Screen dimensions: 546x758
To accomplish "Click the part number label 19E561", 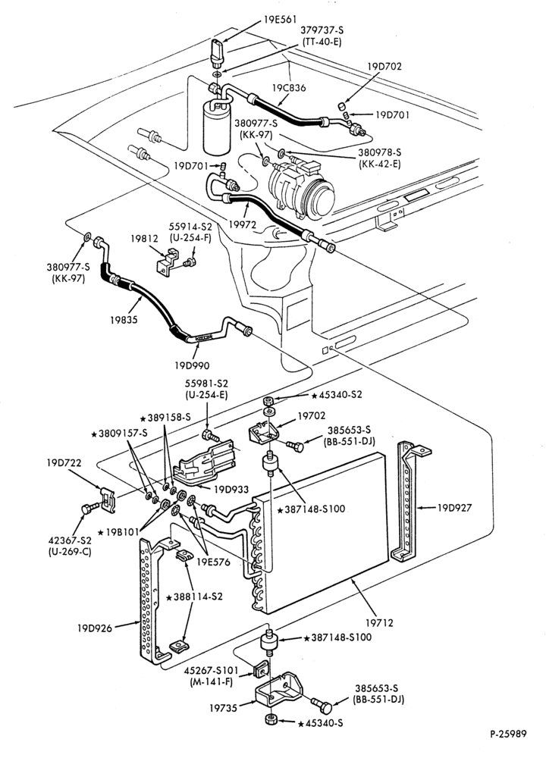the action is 280,20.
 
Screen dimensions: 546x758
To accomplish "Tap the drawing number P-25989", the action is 507,734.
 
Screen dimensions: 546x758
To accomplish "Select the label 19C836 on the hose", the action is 289,88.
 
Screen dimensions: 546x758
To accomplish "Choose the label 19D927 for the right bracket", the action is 454,508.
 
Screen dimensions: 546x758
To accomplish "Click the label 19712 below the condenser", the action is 379,622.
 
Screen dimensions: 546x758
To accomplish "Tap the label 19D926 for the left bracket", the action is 94,628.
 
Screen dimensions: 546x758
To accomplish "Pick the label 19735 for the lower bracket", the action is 224,708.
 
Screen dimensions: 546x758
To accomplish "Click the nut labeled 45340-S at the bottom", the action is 271,719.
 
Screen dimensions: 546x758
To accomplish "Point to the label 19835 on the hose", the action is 124,320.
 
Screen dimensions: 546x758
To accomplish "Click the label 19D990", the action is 192,365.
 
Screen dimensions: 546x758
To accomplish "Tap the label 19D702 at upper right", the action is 384,66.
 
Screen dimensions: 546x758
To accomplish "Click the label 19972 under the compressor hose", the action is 243,224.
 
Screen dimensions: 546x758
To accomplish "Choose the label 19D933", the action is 231,490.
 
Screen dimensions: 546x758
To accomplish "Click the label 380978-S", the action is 380,152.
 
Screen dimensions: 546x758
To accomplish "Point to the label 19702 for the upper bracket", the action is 312,415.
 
